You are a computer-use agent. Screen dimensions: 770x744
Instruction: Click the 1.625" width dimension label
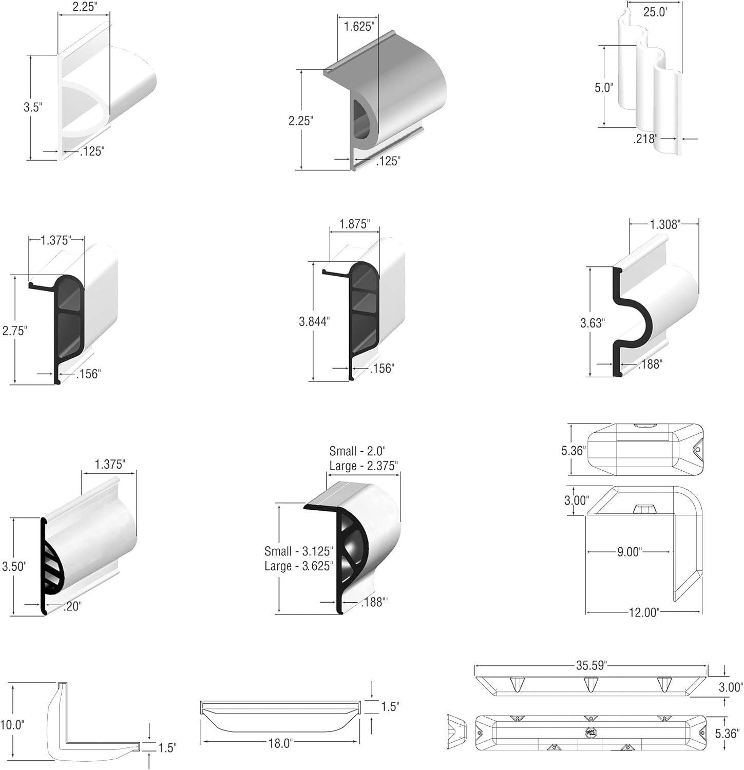pos(358,26)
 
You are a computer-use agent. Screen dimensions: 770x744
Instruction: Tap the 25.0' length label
pos(655,12)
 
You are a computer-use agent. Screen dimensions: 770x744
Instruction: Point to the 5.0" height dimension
pos(604,87)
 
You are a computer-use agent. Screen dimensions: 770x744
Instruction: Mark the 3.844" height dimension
pos(314,321)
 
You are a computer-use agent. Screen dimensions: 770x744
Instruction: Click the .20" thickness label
pos(72,606)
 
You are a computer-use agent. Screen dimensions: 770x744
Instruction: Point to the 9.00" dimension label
pos(629,552)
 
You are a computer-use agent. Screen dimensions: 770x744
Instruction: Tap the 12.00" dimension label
pos(643,612)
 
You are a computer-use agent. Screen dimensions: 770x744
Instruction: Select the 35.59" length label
pos(590,665)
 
